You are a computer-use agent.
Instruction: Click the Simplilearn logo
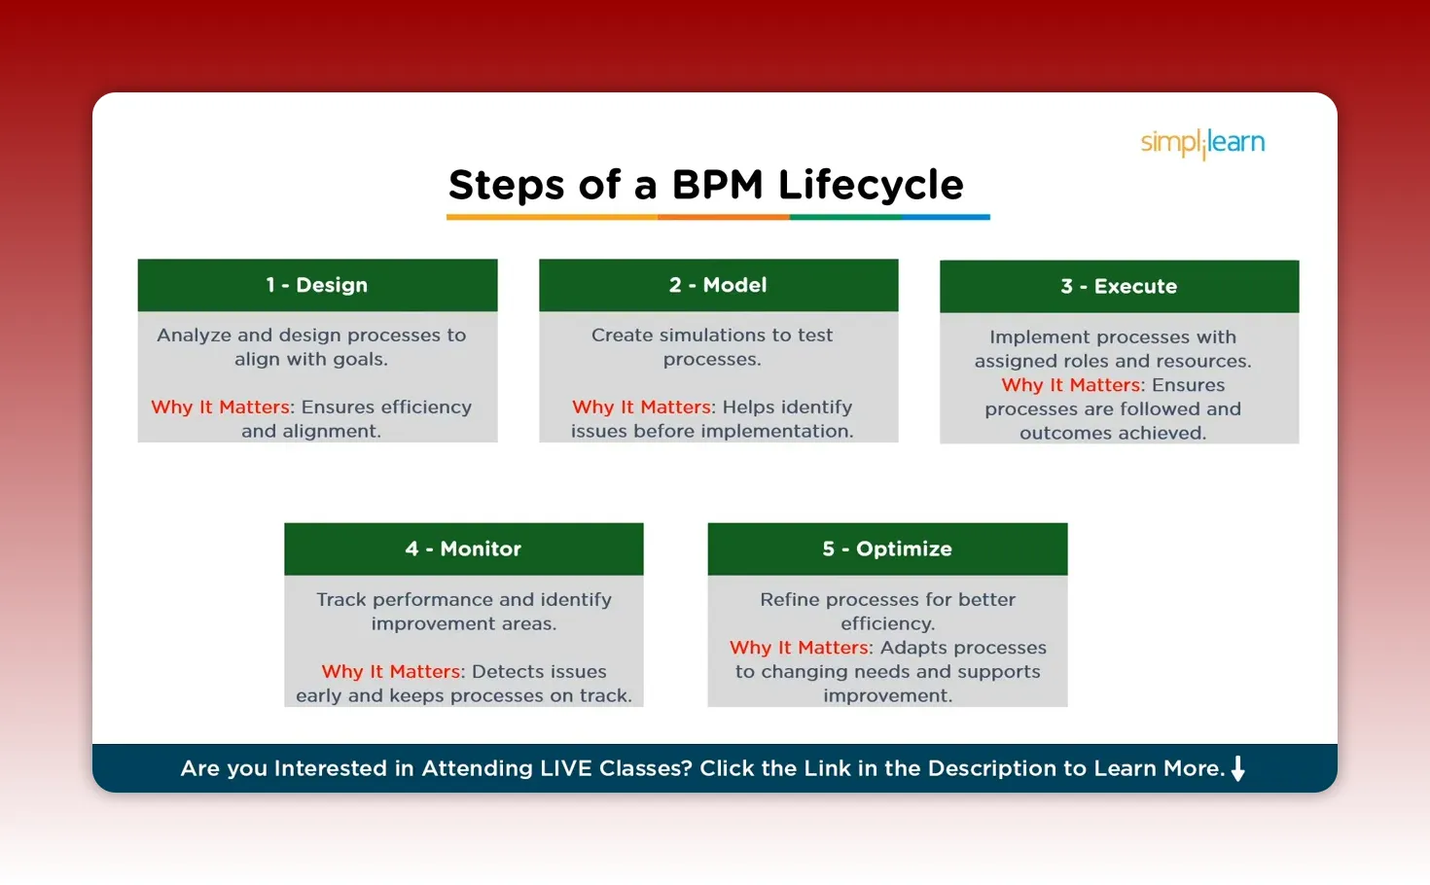[x=1202, y=143]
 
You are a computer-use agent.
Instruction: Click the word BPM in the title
[x=717, y=185]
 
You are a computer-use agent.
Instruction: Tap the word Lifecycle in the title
[x=871, y=185]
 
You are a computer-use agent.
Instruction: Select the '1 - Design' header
[x=317, y=285]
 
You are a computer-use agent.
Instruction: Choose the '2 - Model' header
[x=718, y=285]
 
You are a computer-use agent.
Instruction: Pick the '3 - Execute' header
[x=1119, y=286]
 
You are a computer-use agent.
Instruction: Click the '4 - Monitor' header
[x=463, y=549]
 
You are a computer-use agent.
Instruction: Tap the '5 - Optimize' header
[x=887, y=549]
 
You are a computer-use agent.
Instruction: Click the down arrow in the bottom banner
[x=1238, y=768]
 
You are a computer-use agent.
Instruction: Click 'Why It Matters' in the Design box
[x=221, y=407]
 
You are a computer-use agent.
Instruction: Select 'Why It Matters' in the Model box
[x=642, y=407]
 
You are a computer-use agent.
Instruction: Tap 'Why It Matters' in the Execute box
[x=1071, y=385]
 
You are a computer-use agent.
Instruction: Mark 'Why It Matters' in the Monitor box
[x=391, y=671]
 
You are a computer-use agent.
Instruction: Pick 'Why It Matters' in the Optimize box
[x=800, y=648]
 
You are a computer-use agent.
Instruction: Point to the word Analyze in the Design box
[x=195, y=336]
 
